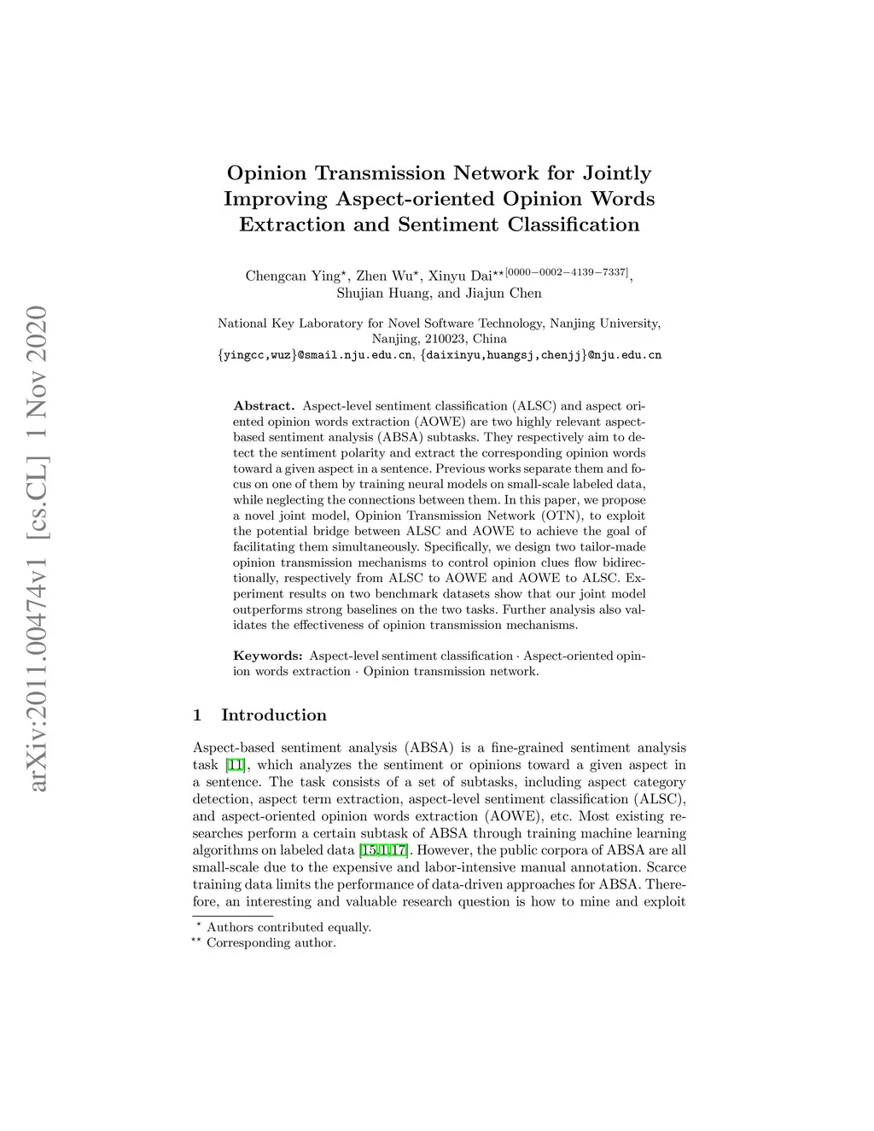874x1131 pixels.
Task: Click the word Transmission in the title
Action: point(380,173)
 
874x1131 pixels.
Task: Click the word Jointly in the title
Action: point(616,173)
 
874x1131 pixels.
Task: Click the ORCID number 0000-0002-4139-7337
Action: point(567,272)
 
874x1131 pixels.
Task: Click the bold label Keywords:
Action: point(268,656)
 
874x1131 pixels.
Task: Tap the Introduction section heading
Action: point(273,715)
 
